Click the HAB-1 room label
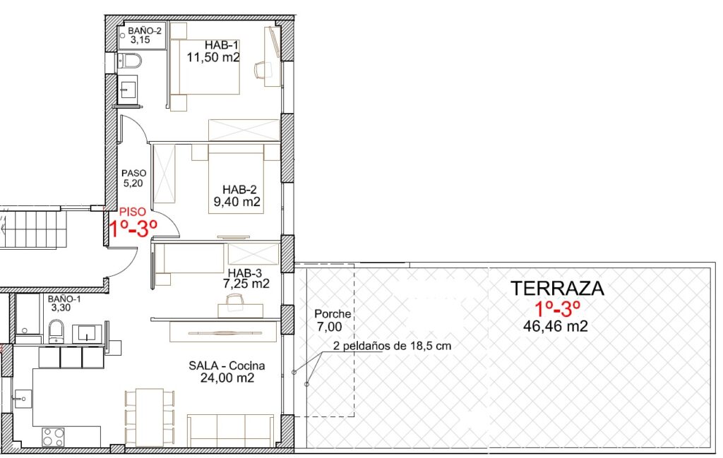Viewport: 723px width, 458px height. point(221,45)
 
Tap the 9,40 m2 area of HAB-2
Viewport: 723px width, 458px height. point(237,202)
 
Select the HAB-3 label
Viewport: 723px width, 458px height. point(245,273)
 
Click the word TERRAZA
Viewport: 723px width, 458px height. point(557,288)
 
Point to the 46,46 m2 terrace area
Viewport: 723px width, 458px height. point(555,326)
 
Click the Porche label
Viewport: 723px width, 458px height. point(333,314)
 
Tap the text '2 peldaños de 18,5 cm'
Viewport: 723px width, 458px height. point(392,346)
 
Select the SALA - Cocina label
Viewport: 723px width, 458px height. point(227,366)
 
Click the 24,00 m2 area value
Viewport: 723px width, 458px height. point(227,378)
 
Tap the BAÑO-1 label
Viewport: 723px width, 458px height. point(64,299)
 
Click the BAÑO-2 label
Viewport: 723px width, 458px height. point(145,31)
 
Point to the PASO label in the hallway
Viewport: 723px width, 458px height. point(133,173)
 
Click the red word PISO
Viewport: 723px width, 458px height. point(132,212)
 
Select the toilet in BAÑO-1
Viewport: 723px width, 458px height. point(57,331)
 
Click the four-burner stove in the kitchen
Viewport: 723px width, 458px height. point(54,437)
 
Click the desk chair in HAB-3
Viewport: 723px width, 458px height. point(235,299)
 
